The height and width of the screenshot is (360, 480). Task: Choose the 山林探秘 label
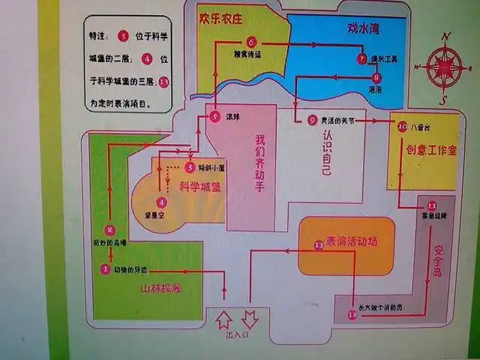(161, 289)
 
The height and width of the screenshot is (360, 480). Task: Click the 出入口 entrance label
(236, 335)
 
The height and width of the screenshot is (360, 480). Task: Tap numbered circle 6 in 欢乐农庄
(251, 42)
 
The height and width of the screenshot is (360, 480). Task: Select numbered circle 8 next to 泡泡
(376, 76)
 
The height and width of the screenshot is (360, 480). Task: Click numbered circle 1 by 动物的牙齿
(106, 268)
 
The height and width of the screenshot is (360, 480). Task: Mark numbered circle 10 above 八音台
(402, 126)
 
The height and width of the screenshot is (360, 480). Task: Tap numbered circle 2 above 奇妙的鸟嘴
(109, 230)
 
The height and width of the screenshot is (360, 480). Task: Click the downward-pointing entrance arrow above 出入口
(250, 319)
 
